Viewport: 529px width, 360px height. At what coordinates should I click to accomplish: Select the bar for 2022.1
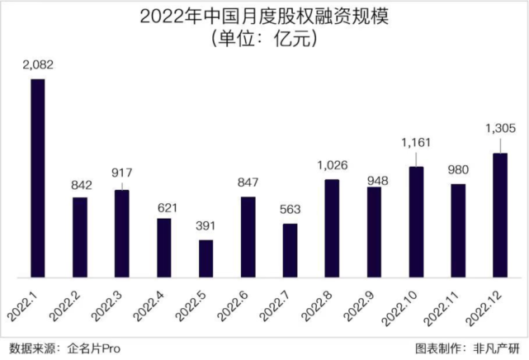pos(37,178)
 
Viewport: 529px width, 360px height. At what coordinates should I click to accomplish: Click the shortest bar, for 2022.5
pos(205,258)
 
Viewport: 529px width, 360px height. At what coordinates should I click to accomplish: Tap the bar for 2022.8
pos(332,228)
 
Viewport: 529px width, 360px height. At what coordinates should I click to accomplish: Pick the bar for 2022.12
pos(500,215)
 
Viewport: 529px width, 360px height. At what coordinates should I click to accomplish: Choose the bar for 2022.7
pos(290,250)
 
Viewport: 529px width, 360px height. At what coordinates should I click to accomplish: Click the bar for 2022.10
pos(416,221)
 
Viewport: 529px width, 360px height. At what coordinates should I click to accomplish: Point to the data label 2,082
pos(37,64)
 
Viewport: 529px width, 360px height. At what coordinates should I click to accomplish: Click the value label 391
pos(205,225)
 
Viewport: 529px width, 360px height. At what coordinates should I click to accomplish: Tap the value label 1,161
pos(416,142)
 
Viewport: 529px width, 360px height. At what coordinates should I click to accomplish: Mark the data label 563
pos(290,209)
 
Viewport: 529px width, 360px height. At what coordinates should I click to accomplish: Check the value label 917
pos(122,175)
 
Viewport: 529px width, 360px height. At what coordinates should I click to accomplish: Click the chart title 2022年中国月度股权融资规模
pos(263,16)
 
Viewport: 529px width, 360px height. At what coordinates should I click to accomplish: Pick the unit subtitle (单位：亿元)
pos(263,38)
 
